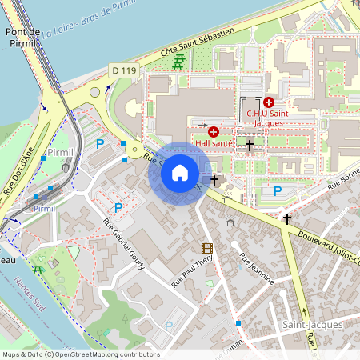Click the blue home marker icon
[180, 173]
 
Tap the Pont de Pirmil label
[23, 38]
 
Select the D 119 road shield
[123, 70]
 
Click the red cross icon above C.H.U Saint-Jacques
[268, 102]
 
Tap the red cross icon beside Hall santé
[213, 131]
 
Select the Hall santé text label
[214, 142]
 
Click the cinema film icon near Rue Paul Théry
[207, 248]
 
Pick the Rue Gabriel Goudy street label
[124, 242]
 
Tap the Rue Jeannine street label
[257, 269]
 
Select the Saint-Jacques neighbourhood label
[313, 324]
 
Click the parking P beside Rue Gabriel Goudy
[118, 207]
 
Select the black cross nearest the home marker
[214, 181]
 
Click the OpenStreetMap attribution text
[80, 354]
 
